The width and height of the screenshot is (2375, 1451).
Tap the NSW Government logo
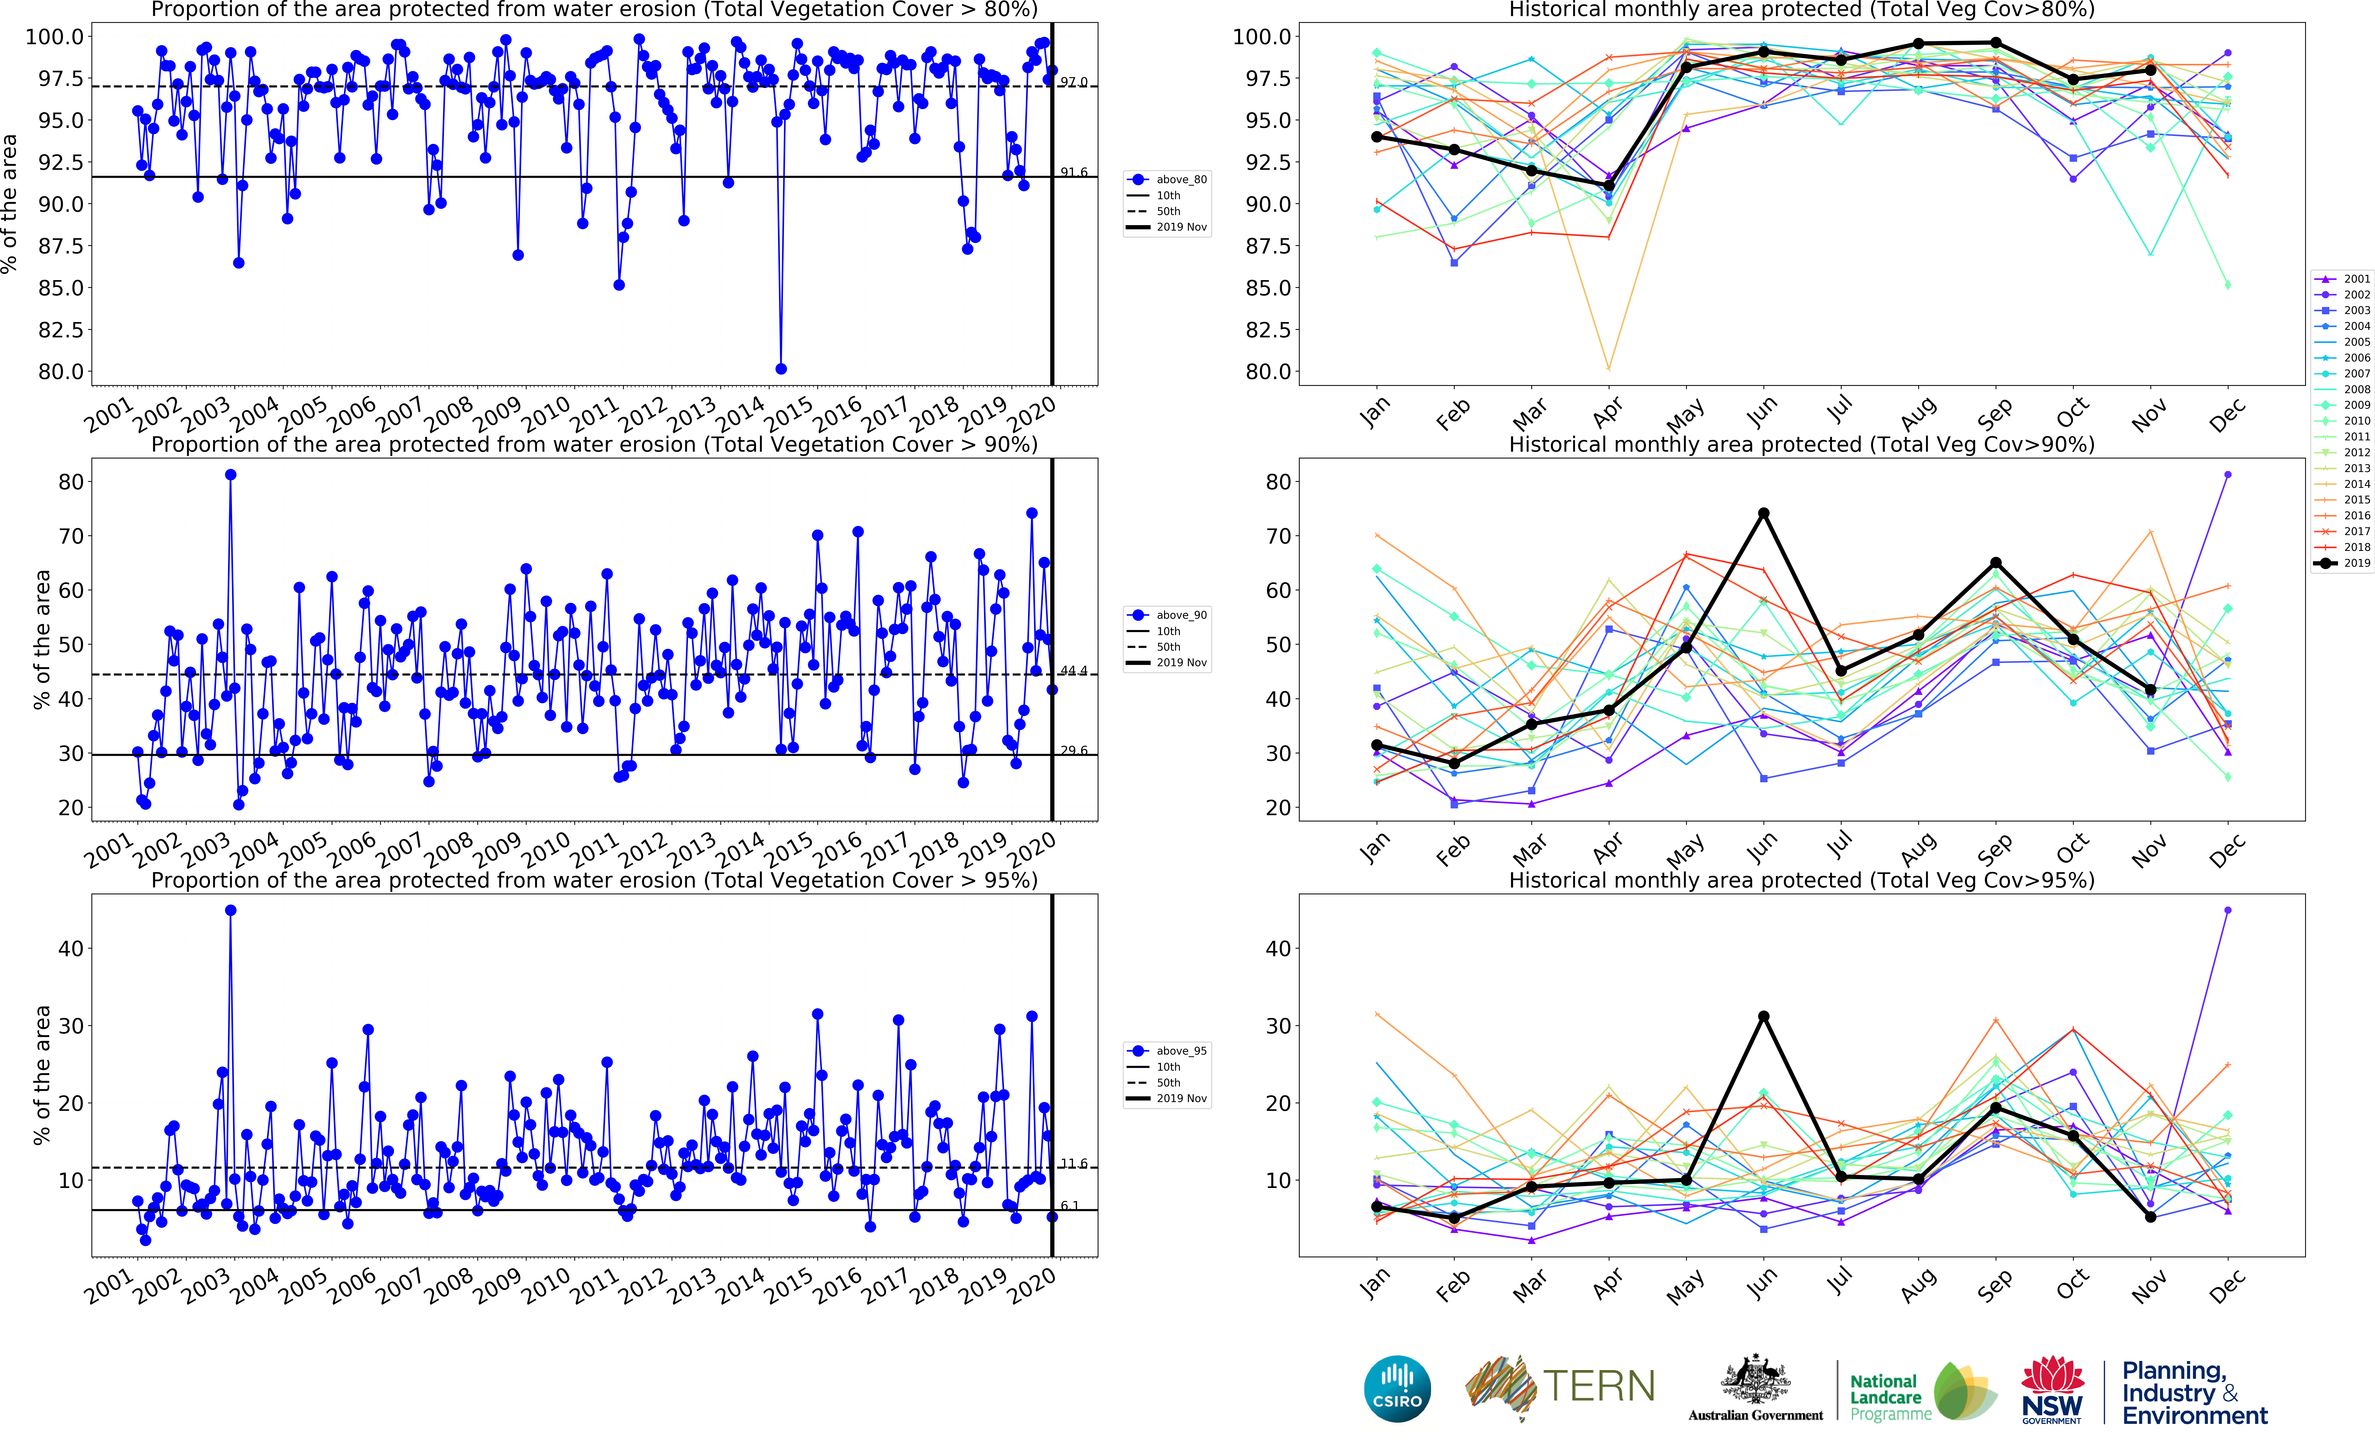2052,1389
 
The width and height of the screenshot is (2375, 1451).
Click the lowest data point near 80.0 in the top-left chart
781,369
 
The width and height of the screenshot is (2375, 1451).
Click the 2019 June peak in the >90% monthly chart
1764,513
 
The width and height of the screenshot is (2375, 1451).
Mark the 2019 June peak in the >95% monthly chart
1764,1016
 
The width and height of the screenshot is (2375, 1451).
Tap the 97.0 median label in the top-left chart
1074,82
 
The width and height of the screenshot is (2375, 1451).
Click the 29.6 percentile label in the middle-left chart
1074,751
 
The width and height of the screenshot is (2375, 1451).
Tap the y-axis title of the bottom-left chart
41,1075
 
